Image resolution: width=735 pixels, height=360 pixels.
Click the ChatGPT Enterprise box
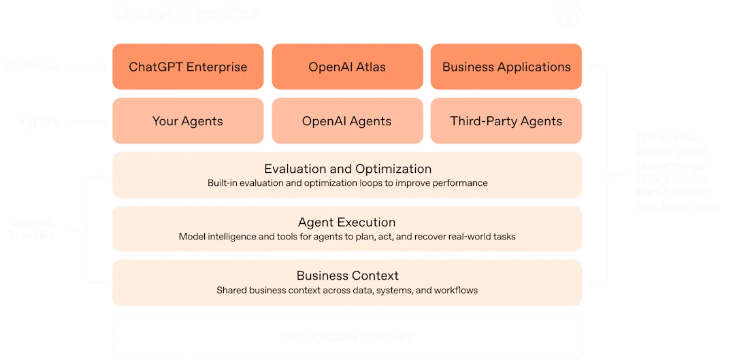[188, 67]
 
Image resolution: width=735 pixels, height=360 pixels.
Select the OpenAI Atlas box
[347, 67]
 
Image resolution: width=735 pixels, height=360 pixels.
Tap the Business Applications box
[506, 67]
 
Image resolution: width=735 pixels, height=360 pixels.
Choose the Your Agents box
[188, 121]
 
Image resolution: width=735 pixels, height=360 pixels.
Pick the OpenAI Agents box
[347, 121]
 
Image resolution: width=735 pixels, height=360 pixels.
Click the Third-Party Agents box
[506, 121]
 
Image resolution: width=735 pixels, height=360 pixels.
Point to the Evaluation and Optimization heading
[347, 169]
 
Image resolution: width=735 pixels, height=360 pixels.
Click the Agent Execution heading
[347, 223]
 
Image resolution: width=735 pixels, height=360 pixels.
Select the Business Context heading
[347, 276]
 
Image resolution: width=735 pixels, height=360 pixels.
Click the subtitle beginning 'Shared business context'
[347, 291]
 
